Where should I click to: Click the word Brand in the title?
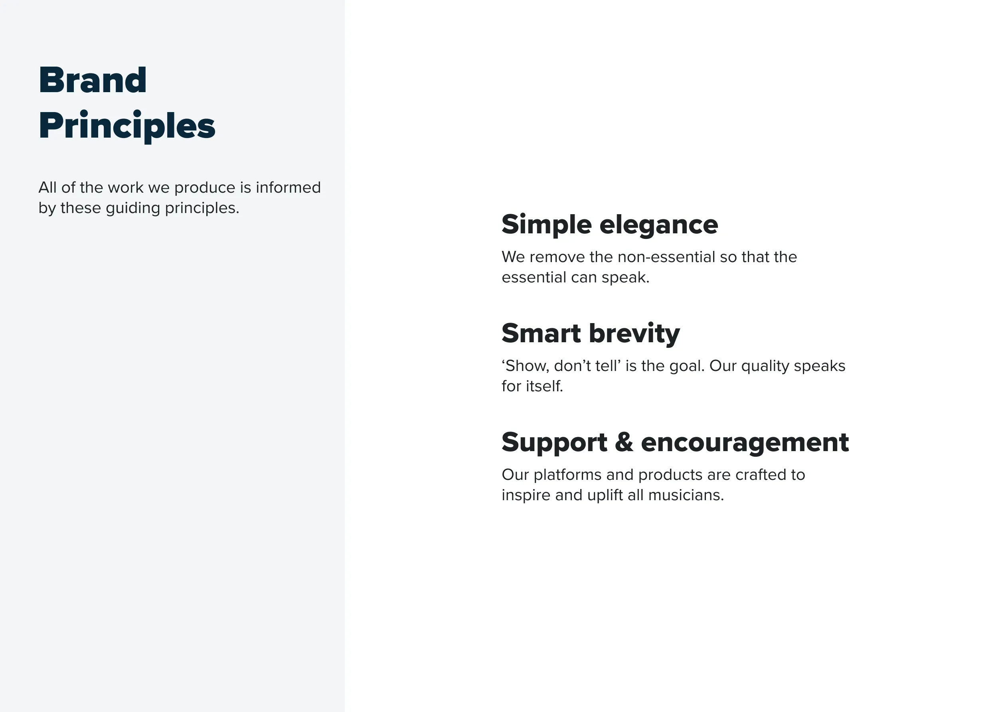(93, 80)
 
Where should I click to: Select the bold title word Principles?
(127, 126)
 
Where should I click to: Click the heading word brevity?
(634, 334)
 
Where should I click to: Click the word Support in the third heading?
(554, 442)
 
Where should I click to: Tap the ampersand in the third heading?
(624, 442)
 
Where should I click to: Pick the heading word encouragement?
(745, 442)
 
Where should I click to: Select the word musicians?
(686, 495)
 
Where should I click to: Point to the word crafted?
(761, 475)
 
